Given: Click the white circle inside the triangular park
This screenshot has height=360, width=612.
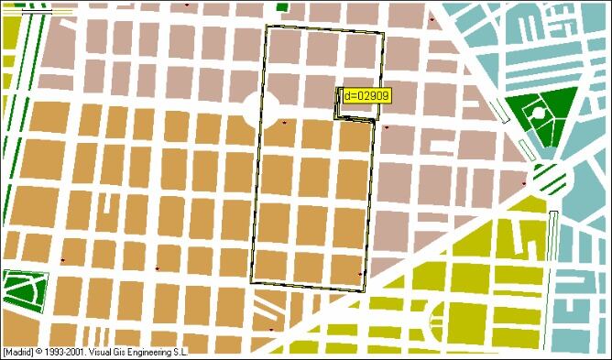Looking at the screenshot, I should (539, 114).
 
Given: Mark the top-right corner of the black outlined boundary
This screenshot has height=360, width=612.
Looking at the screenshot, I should (383, 34).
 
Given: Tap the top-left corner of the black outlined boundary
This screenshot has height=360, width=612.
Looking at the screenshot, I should (267, 26).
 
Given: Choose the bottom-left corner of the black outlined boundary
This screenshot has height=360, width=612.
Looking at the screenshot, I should (250, 282).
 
